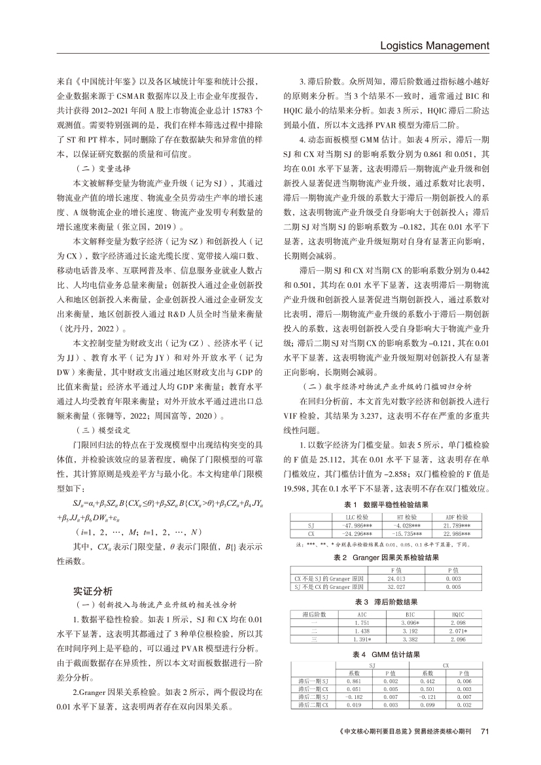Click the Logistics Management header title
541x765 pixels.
point(434,46)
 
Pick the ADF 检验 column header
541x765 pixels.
point(457,517)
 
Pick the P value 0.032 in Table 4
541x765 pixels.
point(464,705)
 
